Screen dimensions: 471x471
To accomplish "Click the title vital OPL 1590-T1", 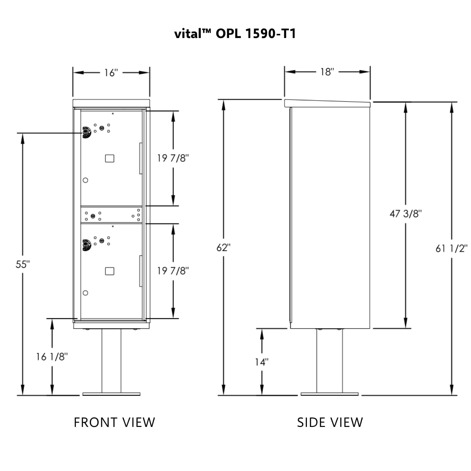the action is tap(235, 34).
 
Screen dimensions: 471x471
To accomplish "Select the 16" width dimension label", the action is tap(111, 73).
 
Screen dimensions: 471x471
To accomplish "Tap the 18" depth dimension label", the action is tap(327, 72).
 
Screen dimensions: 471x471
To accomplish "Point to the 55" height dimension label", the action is tap(23, 264).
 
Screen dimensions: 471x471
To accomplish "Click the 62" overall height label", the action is tap(223, 248).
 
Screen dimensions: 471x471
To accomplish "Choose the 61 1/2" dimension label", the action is tap(451, 249).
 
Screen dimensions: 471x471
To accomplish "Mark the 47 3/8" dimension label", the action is tap(405, 214).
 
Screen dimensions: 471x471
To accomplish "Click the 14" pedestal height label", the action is tap(261, 362).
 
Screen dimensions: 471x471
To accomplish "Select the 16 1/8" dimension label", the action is tap(52, 357).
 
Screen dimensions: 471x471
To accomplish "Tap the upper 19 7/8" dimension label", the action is tap(173, 158).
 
